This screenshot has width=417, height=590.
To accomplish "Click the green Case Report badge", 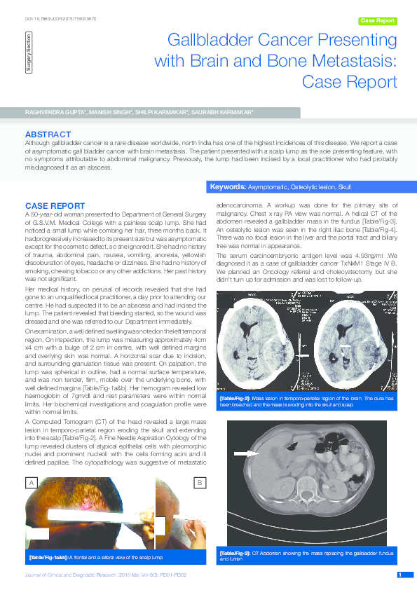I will (x=378, y=21).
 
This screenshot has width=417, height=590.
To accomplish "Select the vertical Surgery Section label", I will (x=28, y=50).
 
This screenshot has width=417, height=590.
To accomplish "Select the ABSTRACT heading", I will (x=47, y=133).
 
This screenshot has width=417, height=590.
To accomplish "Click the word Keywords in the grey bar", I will (x=227, y=188).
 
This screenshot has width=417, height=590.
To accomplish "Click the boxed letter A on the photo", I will (x=32, y=483).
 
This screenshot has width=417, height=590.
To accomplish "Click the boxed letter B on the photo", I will (x=199, y=483).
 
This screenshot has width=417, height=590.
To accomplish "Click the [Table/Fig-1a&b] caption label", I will (x=48, y=558).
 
